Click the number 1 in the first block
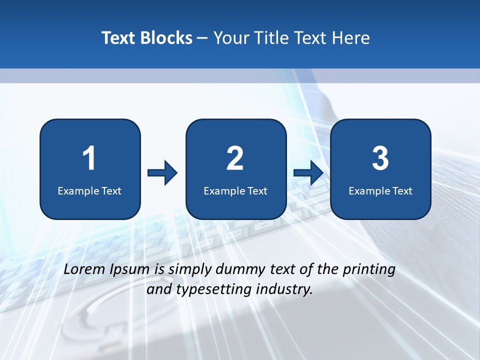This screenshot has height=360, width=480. pos(89,158)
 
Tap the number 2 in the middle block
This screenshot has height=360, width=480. pos(235,158)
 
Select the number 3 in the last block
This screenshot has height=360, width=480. pos(380,158)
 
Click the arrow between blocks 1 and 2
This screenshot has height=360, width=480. pos(162,173)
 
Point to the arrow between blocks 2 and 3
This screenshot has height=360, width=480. pos(308,173)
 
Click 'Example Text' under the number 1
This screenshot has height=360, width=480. pos(89,190)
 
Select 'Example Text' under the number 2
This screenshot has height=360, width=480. pos(235,190)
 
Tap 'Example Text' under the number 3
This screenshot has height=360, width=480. pos(380,190)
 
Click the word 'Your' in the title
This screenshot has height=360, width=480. pos(230,38)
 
